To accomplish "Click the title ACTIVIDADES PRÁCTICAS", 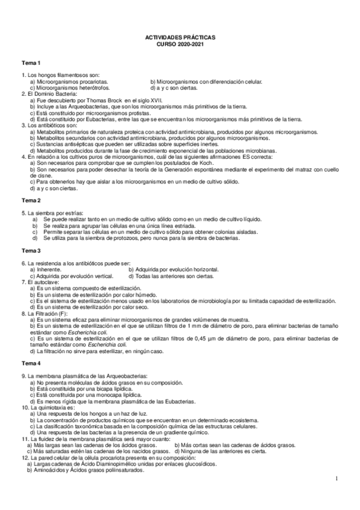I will tap(180, 37).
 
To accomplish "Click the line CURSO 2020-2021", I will tap(180, 45).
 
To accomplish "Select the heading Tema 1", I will tap(31, 63).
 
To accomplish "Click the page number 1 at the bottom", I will tap(338, 479).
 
